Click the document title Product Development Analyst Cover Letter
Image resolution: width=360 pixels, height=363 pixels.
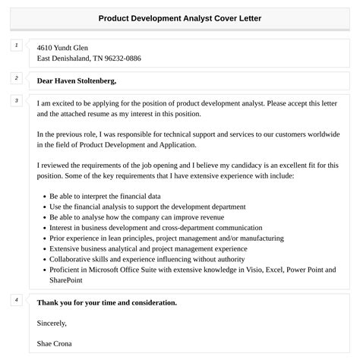[x=180, y=17]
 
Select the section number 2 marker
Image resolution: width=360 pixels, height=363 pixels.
[x=17, y=78]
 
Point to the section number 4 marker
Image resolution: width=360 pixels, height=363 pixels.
[x=17, y=300]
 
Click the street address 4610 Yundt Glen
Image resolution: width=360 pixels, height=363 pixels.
[x=67, y=47]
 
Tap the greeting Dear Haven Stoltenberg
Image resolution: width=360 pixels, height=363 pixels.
[x=77, y=80]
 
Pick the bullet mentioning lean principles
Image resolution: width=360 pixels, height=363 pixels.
[x=166, y=238]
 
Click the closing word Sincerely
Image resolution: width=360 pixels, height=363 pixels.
[x=52, y=323]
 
